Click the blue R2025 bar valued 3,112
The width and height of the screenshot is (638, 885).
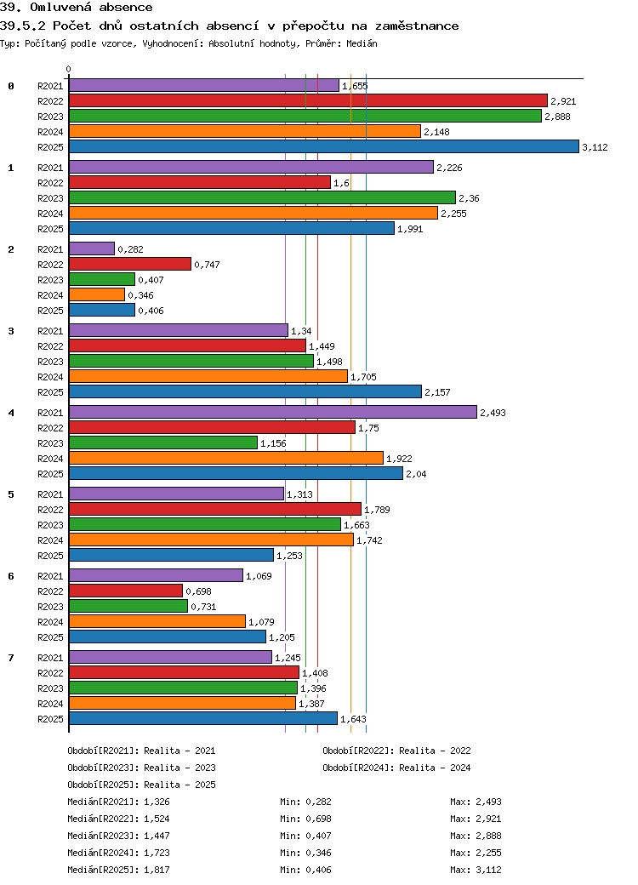[324, 146]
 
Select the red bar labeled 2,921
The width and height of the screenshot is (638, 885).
[308, 100]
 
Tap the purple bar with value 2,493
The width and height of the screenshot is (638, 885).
[273, 413]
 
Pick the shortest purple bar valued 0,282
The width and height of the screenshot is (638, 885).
[92, 248]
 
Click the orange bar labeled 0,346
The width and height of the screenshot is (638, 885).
[97, 294]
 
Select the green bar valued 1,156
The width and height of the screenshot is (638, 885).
[163, 443]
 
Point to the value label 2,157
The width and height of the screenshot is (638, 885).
[438, 392]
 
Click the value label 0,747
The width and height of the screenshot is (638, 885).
[207, 265]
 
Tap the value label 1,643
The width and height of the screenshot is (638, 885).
[353, 719]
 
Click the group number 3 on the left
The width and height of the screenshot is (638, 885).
[11, 331]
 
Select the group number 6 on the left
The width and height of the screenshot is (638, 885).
[11, 576]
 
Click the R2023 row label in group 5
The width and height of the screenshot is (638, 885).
[50, 525]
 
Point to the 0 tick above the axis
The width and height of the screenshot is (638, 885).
[69, 70]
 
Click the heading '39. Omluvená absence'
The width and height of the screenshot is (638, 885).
[77, 8]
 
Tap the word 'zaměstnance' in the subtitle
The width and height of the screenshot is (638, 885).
[417, 26]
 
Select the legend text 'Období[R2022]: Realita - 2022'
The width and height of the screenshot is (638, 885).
[396, 751]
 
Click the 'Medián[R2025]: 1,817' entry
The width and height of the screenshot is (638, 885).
[118, 870]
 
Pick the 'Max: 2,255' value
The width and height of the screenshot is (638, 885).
[476, 853]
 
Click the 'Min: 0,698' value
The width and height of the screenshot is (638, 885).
[305, 819]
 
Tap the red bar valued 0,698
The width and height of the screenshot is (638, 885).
[126, 591]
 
